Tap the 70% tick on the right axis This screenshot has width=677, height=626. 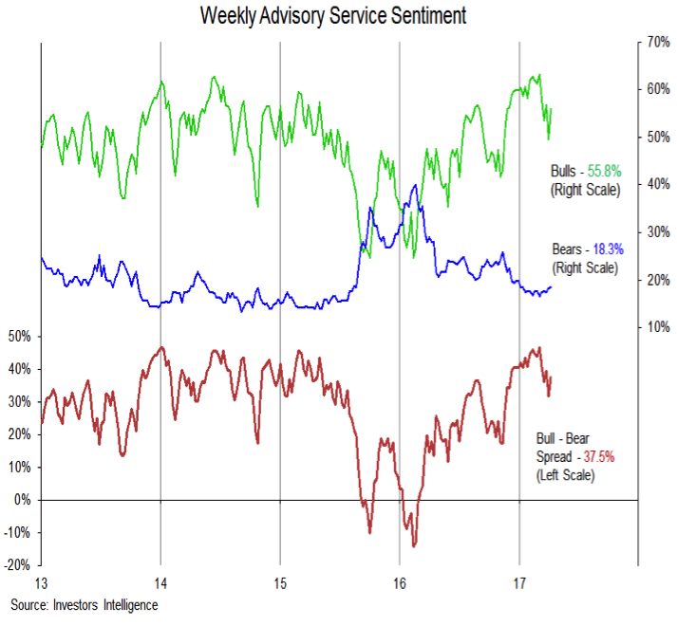pyautogui.click(x=659, y=43)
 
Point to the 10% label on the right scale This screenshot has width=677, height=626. pyautogui.click(x=659, y=327)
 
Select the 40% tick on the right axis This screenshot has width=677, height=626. pyautogui.click(x=659, y=184)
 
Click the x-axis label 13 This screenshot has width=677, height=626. pyautogui.click(x=41, y=581)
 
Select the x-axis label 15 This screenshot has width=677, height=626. pyautogui.click(x=279, y=581)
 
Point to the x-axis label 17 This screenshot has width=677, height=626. pyautogui.click(x=518, y=581)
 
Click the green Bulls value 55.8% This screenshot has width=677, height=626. pyautogui.click(x=602, y=172)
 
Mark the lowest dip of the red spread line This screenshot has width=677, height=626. pyautogui.click(x=414, y=545)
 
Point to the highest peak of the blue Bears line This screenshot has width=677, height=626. pyautogui.click(x=414, y=185)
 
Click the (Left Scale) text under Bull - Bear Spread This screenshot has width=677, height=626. pyautogui.click(x=566, y=474)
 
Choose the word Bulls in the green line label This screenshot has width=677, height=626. pyautogui.click(x=565, y=172)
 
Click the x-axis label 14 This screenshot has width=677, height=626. pyautogui.click(x=160, y=581)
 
